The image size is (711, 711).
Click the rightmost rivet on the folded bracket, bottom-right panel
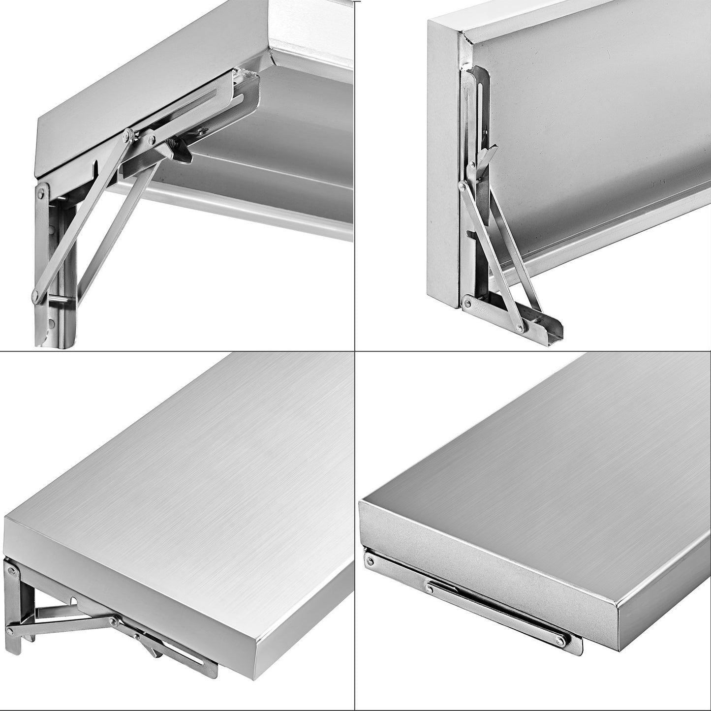(560, 640)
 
